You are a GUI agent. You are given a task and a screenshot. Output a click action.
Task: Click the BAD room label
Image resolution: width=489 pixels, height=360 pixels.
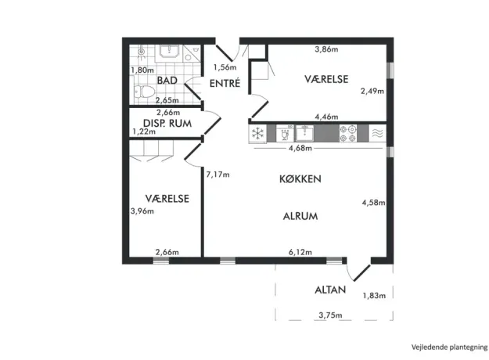click(167, 81)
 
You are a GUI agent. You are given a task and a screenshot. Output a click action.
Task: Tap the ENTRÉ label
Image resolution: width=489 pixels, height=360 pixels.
click(225, 83)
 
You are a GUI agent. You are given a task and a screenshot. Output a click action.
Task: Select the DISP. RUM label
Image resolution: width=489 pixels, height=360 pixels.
click(167, 123)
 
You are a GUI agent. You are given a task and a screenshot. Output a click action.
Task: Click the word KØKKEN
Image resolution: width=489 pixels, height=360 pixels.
click(300, 178)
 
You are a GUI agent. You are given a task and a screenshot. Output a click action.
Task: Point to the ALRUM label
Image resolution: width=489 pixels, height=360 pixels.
click(300, 216)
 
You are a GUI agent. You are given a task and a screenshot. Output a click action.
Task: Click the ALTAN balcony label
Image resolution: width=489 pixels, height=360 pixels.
click(330, 290)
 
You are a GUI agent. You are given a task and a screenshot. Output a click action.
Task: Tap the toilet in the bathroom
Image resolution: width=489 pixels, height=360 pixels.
click(144, 92)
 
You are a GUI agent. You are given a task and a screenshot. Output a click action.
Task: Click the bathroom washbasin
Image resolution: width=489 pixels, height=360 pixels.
click(169, 52)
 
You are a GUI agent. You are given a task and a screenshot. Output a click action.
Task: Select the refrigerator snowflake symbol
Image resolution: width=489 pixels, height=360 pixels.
click(258, 134)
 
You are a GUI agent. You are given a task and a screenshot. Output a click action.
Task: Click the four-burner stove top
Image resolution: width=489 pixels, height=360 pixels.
click(348, 134)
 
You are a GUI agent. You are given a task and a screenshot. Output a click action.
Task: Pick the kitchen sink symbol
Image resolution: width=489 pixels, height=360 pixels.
click(304, 133)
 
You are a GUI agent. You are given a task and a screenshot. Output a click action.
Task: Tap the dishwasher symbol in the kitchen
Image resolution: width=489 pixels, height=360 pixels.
click(285, 134)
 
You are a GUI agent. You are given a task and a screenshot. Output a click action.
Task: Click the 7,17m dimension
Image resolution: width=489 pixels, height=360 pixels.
click(218, 175)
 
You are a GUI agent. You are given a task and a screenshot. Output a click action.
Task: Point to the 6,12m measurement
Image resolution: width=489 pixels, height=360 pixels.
click(300, 252)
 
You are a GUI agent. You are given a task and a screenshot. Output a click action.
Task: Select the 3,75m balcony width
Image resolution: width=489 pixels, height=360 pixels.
click(330, 315)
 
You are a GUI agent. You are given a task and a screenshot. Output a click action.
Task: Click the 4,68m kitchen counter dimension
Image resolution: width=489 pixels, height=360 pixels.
click(300, 148)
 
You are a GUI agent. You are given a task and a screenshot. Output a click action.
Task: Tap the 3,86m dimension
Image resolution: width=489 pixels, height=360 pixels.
click(326, 49)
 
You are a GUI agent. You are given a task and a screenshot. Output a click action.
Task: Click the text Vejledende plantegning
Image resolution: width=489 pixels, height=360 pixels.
click(449, 347)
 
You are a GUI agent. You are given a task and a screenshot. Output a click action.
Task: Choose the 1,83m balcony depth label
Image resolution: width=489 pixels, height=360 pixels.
click(374, 295)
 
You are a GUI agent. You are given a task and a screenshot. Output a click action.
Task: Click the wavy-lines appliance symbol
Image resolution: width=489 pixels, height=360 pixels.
click(377, 133)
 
